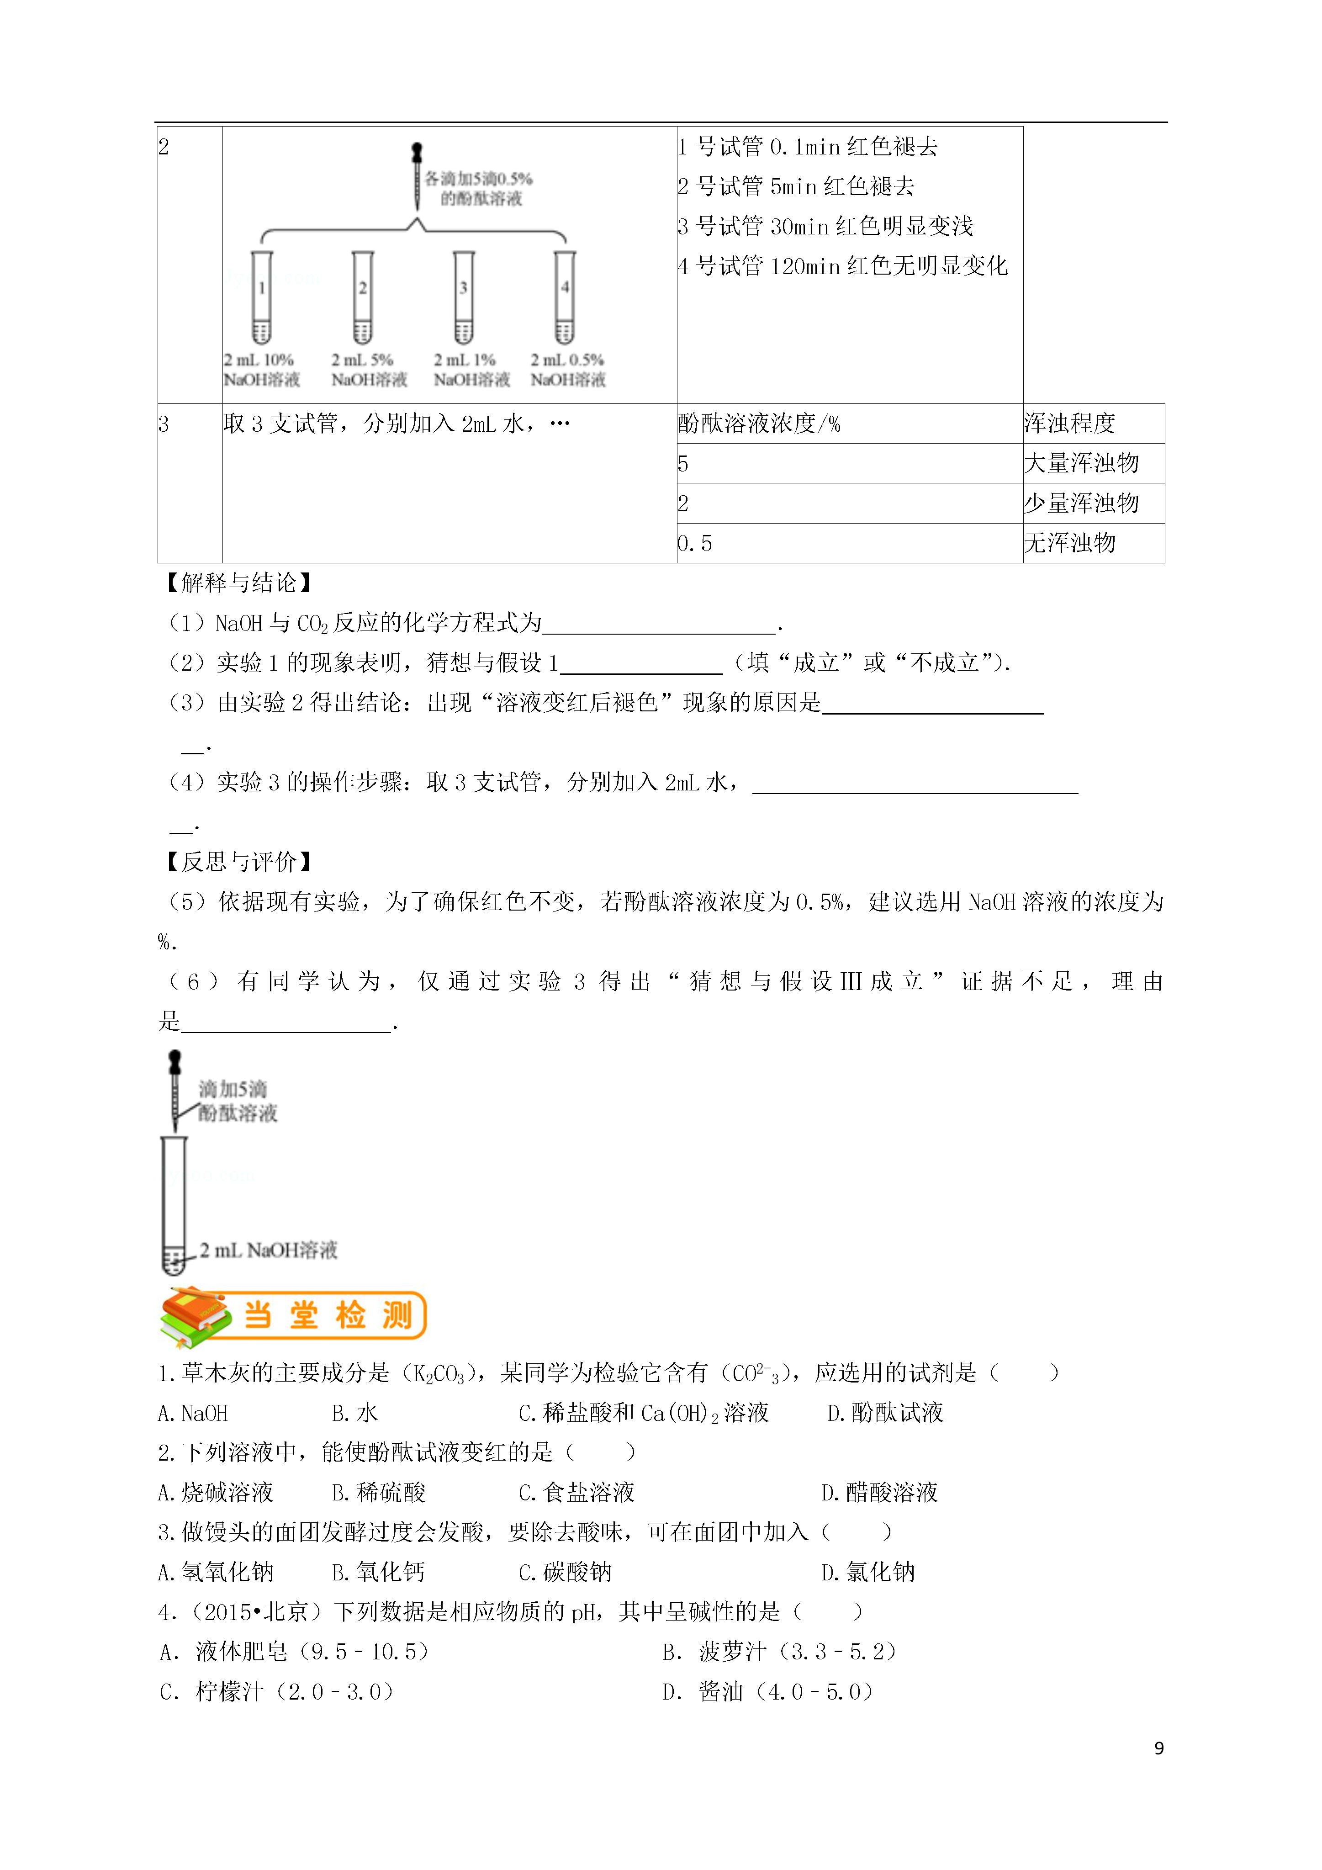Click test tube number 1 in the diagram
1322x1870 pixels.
[261, 297]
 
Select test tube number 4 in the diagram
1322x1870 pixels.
[565, 297]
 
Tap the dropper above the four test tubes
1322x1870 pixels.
[417, 175]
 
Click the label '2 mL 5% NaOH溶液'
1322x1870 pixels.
[369, 370]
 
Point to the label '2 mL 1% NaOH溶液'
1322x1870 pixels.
[471, 370]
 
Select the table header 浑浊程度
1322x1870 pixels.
[1069, 424]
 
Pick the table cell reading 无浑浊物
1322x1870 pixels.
[1069, 543]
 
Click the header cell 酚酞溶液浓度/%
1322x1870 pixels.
[759, 424]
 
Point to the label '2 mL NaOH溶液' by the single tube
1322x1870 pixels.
[269, 1250]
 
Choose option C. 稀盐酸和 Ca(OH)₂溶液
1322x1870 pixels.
[644, 1413]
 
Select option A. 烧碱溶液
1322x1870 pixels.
[216, 1493]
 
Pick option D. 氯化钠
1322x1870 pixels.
[868, 1573]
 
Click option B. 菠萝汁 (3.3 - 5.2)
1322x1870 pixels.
[779, 1652]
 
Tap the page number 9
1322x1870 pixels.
[1159, 1748]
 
